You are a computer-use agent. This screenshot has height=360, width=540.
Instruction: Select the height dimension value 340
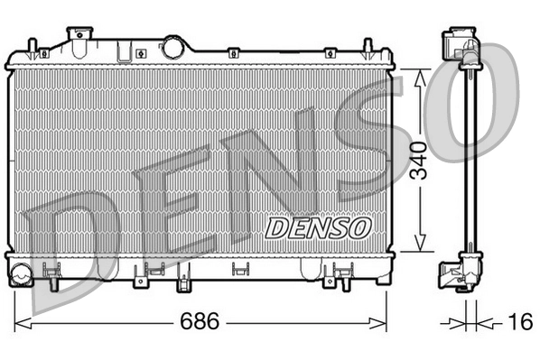[415, 162]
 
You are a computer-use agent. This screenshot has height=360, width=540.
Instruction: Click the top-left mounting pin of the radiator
[33, 47]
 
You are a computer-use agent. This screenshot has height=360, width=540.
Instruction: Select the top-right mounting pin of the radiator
[367, 47]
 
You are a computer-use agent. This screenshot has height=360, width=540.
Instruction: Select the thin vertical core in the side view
[468, 162]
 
